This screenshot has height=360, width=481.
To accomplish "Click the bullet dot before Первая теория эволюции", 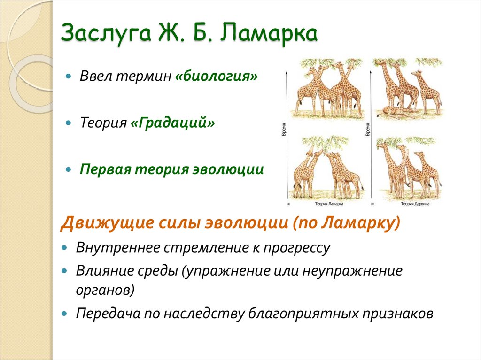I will coord(69,169).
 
